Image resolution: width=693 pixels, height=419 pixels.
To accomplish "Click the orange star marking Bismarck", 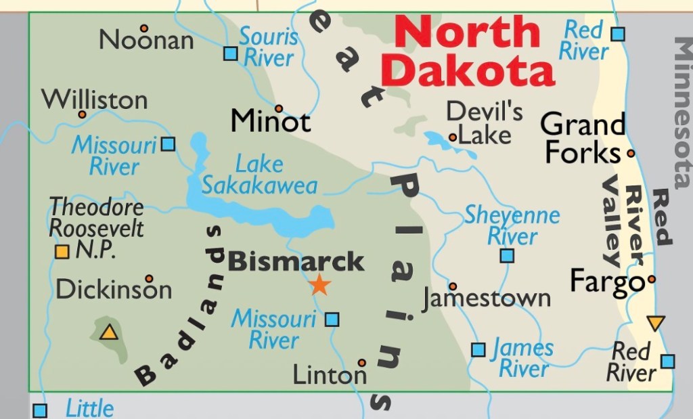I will [x=319, y=285].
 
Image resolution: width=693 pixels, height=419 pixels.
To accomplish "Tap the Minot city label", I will [x=270, y=121].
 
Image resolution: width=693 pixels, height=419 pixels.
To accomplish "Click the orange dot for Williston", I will [x=82, y=114].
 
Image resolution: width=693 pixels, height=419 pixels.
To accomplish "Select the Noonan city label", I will [x=146, y=40].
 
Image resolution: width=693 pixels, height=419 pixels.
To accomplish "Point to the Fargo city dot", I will [x=651, y=279].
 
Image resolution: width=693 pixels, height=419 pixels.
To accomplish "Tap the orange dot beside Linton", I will [x=362, y=363].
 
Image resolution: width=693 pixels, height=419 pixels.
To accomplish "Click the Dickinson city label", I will [x=113, y=290].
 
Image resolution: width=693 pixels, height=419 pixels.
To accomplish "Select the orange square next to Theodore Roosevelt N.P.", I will [x=62, y=252].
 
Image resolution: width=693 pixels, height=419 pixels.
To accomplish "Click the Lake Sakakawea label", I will [x=259, y=175].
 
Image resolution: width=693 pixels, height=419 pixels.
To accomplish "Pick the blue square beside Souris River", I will [x=231, y=53].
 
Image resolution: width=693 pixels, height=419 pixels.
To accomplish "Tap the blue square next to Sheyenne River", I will [x=507, y=256].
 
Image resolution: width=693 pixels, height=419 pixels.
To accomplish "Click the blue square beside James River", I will [x=478, y=349].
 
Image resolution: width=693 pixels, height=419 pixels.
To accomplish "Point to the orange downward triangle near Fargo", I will [x=655, y=323].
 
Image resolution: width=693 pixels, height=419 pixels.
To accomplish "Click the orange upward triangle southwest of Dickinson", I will [x=108, y=332].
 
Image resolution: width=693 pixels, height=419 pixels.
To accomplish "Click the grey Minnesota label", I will [x=682, y=112].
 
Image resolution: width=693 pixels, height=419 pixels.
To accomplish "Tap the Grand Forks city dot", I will [x=631, y=154].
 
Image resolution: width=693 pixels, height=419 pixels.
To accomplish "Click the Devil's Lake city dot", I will [x=452, y=137].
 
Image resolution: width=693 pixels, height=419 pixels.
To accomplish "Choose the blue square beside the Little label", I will [x=40, y=410].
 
